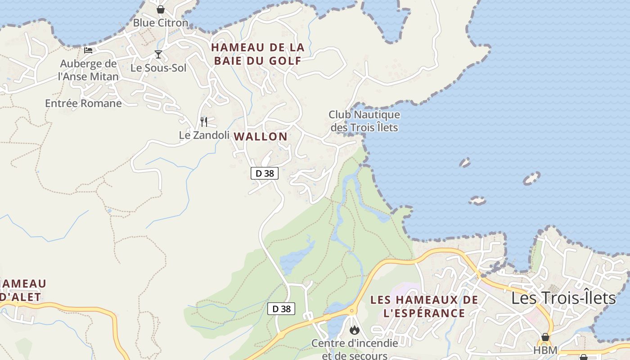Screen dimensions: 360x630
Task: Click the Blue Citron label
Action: click(x=161, y=22)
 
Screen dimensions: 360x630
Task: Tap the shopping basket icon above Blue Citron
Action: click(x=161, y=9)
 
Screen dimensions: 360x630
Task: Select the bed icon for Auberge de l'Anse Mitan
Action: click(x=88, y=50)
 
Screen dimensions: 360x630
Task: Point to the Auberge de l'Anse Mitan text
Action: click(x=88, y=70)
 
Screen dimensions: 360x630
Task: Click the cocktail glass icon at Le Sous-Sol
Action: click(x=158, y=55)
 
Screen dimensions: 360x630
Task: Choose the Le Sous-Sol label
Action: click(x=158, y=68)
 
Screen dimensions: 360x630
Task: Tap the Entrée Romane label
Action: click(x=83, y=103)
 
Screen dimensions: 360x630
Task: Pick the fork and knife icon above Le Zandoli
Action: click(x=204, y=121)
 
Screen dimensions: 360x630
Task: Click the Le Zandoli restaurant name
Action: click(x=204, y=135)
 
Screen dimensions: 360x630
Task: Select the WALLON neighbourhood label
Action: click(x=261, y=136)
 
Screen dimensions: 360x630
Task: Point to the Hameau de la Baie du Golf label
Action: click(x=258, y=54)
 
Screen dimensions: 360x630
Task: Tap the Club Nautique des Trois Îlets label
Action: click(x=364, y=121)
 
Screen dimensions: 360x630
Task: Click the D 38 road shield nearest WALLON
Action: click(x=265, y=173)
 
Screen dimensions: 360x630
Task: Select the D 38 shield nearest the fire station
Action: click(x=282, y=309)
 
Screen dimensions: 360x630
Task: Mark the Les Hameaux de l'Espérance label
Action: click(x=424, y=306)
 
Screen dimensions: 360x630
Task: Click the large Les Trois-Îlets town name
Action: click(x=563, y=298)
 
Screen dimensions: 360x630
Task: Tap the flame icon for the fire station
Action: click(x=355, y=330)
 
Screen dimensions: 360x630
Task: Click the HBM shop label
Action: click(x=545, y=350)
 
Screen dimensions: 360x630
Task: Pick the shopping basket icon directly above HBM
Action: click(x=545, y=337)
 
